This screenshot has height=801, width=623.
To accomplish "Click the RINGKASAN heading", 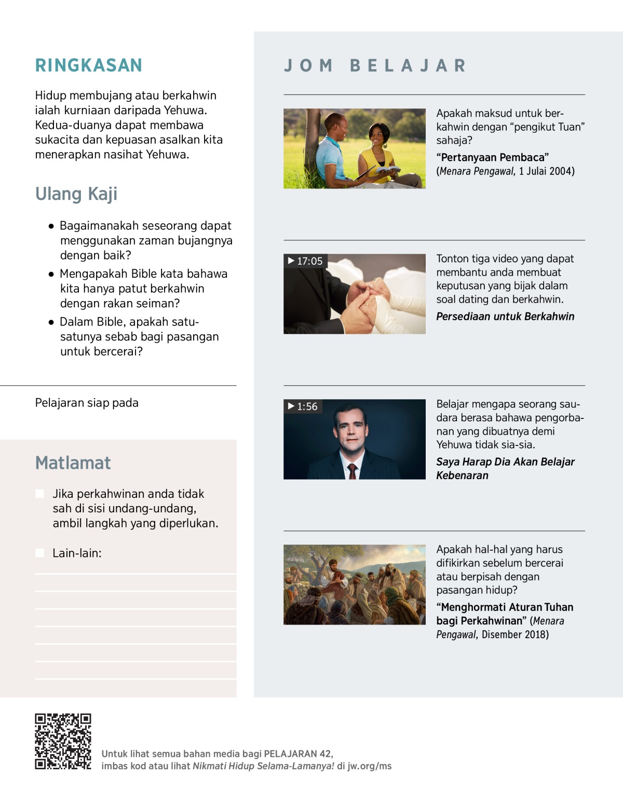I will click(88, 65).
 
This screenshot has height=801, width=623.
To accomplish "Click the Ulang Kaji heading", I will click(76, 194).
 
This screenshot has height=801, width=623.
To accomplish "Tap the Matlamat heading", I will click(73, 463).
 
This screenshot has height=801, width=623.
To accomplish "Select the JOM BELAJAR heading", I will click(375, 66).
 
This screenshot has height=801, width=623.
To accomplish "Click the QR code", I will click(63, 741).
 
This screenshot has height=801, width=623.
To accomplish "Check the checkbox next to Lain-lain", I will click(39, 553).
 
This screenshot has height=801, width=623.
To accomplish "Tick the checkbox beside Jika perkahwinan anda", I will click(39, 494).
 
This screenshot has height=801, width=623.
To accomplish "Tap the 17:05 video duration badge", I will click(305, 261).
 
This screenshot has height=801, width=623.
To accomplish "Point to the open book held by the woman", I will click(387, 170).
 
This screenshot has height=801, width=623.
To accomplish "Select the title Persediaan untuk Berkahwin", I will click(505, 317).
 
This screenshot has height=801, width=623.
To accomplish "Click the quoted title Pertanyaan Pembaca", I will click(492, 158).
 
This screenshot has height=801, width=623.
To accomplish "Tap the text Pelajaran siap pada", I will click(87, 403).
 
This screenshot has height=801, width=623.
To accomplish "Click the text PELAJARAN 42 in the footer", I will click(297, 754).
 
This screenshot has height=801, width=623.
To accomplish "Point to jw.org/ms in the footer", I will click(369, 766).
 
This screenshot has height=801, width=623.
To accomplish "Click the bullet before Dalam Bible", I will click(51, 322).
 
